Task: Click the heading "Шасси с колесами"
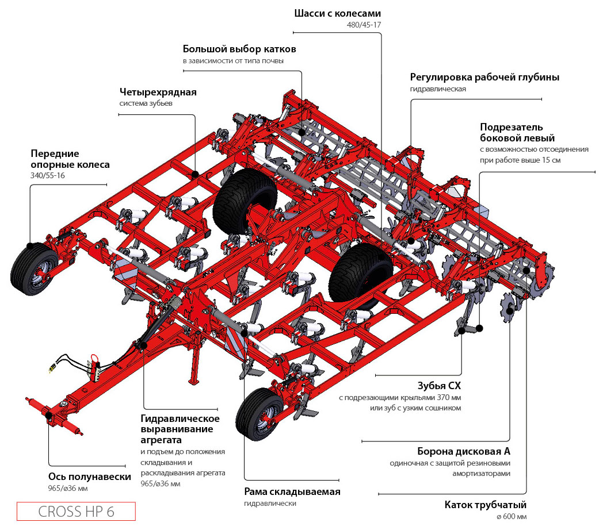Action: pos(337,13)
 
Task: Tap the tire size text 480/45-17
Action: pos(363,25)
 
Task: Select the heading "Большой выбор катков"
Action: pos(240,48)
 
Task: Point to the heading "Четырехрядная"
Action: pos(158,92)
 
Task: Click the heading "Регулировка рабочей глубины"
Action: pos(484,77)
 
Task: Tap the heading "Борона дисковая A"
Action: pos(464,451)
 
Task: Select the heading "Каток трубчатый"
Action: pos(485,505)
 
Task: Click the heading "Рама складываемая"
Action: pos(292,491)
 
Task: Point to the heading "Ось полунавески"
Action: pos(90,477)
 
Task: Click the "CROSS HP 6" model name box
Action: pos(76,512)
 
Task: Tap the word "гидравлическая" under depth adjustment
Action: pos(438,89)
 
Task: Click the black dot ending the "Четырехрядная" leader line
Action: pos(196,174)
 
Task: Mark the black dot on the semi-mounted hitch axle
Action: pos(49,414)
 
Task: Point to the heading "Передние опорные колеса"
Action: pos(70,159)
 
